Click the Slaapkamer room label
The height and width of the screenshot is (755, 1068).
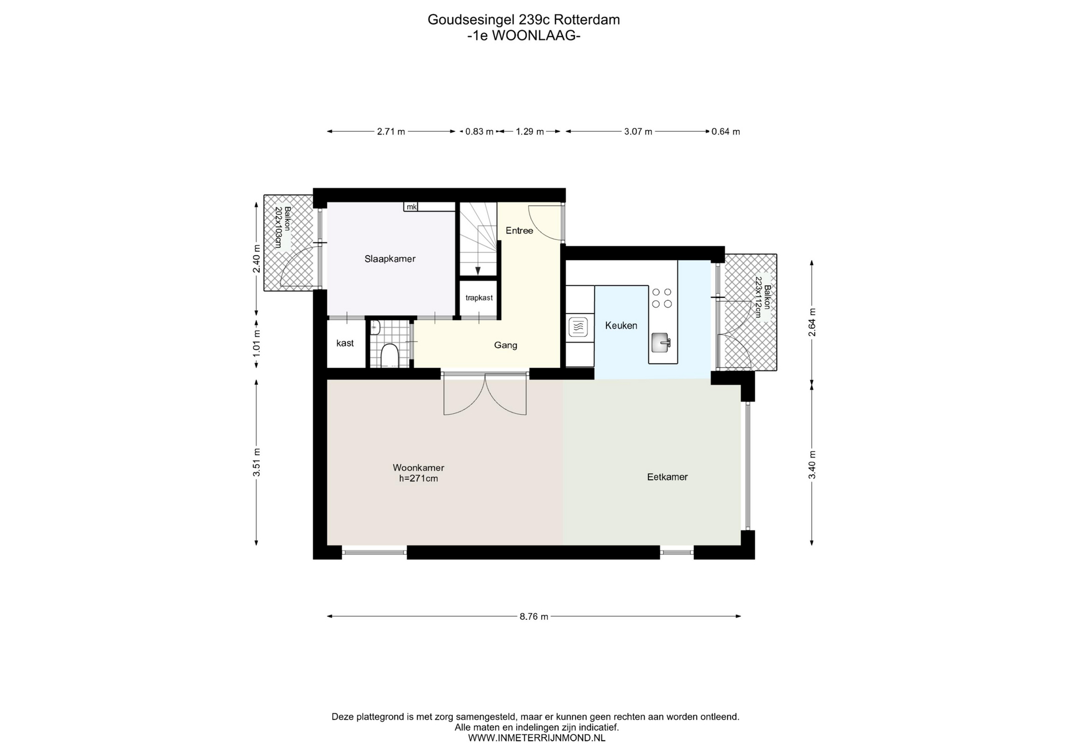390,259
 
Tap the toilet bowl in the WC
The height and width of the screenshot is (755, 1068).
390,356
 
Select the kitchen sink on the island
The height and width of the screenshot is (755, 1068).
661,342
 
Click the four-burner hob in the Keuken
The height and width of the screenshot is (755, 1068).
662,298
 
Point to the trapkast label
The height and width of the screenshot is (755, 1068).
479,298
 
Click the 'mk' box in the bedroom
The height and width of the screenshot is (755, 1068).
411,207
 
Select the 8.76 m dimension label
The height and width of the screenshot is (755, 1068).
534,617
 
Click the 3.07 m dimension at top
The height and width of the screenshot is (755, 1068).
638,132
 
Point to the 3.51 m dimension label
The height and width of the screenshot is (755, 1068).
256,463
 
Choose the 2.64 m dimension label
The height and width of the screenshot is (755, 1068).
812,322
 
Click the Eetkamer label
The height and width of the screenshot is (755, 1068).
667,477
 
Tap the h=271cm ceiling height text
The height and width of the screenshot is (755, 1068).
418,479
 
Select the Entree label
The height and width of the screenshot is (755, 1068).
520,231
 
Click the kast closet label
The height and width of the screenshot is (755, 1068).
345,343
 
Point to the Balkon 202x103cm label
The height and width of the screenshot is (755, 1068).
283,227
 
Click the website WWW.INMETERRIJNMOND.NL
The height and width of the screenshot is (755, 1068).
537,738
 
